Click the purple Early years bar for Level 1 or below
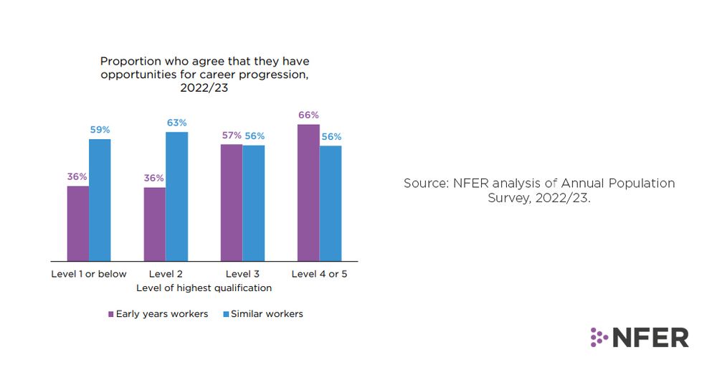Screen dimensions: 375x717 tap(77, 223)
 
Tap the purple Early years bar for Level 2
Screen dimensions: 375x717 tap(154, 224)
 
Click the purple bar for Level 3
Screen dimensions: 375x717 tap(231, 202)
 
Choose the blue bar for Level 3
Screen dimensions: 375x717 tap(253, 203)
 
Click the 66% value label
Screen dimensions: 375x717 tap(308, 115)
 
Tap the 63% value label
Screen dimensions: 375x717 tap(177, 123)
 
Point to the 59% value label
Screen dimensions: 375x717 tap(100, 130)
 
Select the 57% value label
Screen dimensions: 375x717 tap(231, 136)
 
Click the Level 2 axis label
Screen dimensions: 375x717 tap(166, 274)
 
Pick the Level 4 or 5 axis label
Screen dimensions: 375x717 tap(319, 274)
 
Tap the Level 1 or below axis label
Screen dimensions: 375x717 tap(89, 274)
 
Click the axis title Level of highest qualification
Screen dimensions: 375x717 tap(204, 288)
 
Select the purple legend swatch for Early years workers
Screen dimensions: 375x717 tap(111, 314)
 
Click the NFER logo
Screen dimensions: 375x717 tap(640, 337)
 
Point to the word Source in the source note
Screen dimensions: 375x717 tap(425, 184)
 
